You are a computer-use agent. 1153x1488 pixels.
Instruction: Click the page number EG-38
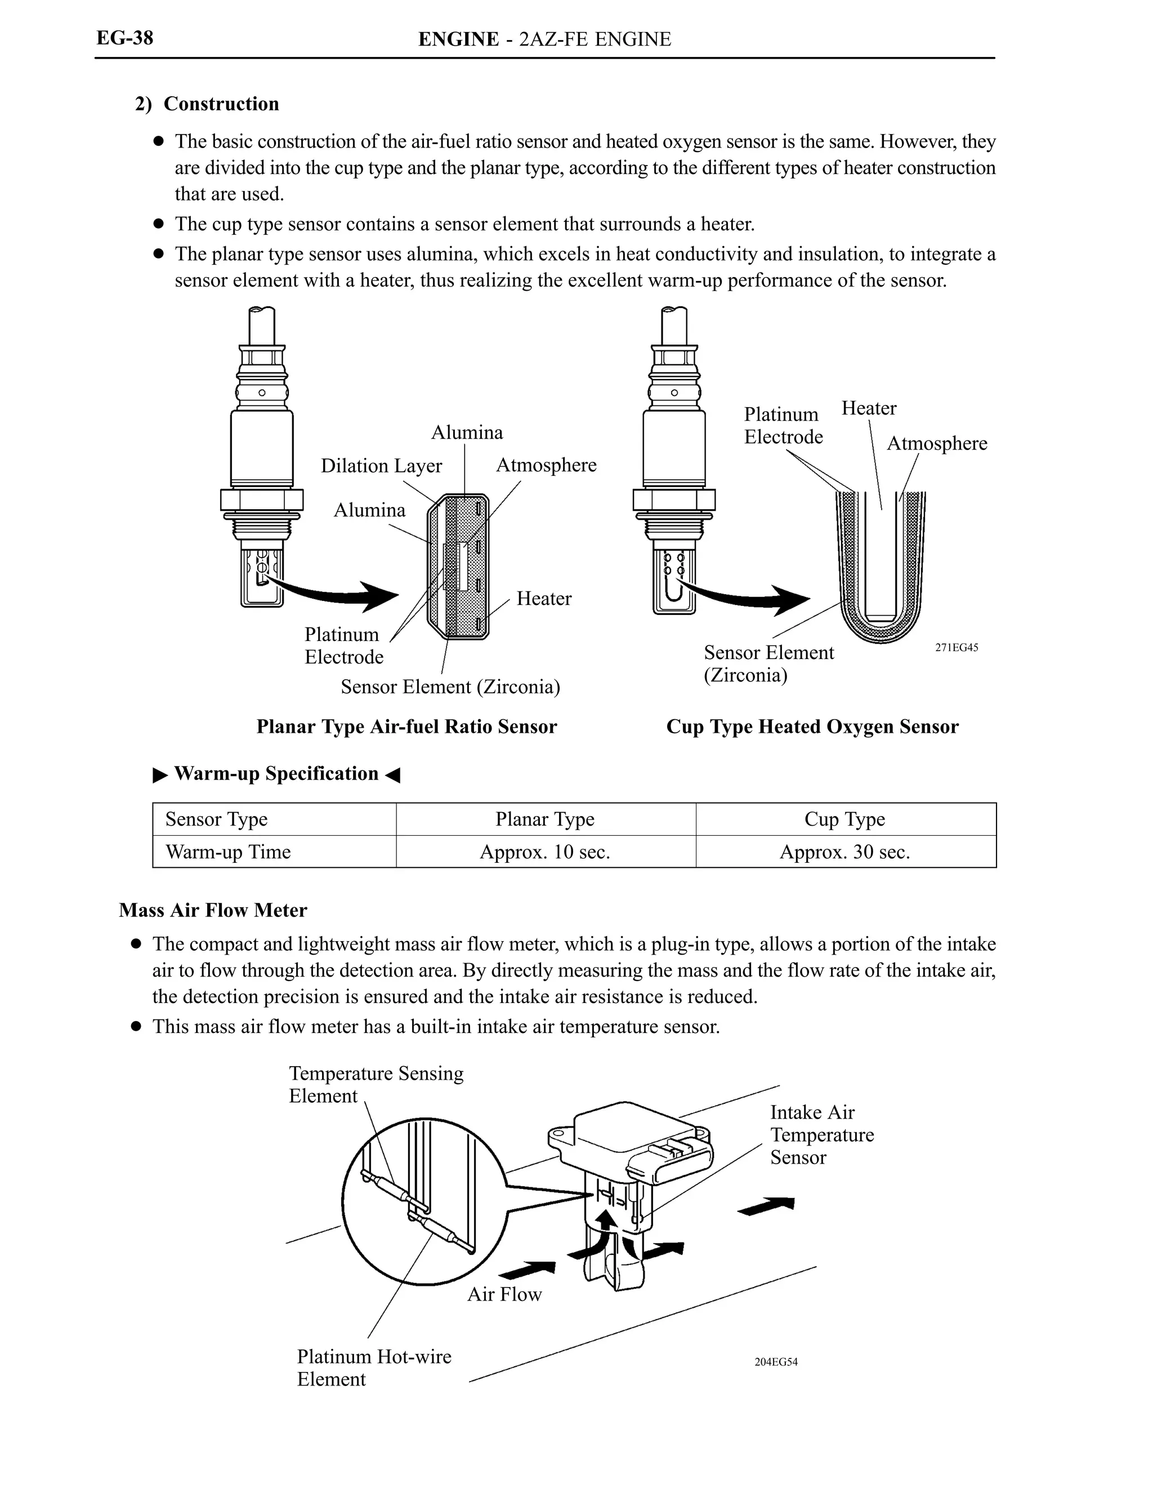point(124,38)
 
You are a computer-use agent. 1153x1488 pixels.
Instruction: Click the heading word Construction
point(221,104)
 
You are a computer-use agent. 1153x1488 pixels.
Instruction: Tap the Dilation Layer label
point(381,466)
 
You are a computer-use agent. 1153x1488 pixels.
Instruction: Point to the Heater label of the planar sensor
point(543,598)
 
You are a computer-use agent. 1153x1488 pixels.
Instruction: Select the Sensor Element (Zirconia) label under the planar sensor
point(450,687)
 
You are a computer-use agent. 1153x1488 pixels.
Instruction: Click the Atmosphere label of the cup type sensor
point(936,444)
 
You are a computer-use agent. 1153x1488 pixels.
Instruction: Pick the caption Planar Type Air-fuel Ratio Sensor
point(406,727)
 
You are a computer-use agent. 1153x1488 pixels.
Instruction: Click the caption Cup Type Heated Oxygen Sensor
point(812,727)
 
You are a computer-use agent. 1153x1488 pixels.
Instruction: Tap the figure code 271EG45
point(956,648)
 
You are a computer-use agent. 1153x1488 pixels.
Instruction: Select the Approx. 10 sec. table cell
point(545,852)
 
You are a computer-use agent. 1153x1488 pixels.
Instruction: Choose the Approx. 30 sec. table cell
point(844,852)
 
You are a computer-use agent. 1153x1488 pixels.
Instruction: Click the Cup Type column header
point(844,819)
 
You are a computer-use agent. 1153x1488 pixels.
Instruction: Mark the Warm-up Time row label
point(228,852)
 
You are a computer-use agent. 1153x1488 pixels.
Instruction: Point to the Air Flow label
point(504,1294)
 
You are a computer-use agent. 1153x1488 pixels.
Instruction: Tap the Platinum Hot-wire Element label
point(374,1367)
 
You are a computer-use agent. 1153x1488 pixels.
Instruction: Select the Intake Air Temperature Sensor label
point(821,1134)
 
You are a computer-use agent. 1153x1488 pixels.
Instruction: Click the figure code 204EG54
point(776,1362)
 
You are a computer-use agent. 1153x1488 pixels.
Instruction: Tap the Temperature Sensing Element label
point(376,1084)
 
